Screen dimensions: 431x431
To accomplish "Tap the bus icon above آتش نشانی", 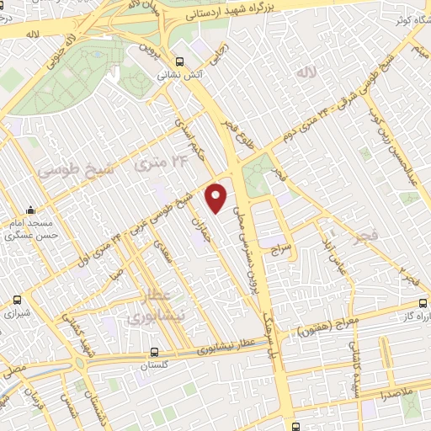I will point(178,61).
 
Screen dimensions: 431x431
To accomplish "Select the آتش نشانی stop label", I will point(177,74).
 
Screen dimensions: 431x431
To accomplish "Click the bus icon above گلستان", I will point(153,354).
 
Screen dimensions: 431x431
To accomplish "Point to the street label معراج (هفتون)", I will point(325,327).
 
